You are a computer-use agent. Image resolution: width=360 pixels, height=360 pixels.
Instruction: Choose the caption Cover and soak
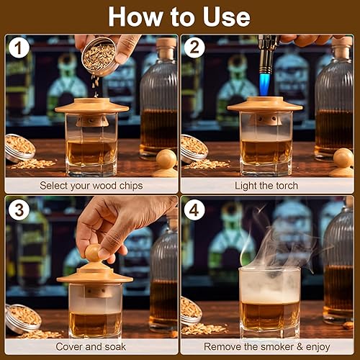point(91,346)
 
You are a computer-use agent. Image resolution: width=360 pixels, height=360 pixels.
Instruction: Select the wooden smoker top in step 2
point(264,105)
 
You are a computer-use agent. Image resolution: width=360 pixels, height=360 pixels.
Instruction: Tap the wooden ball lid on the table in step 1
point(166,160)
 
